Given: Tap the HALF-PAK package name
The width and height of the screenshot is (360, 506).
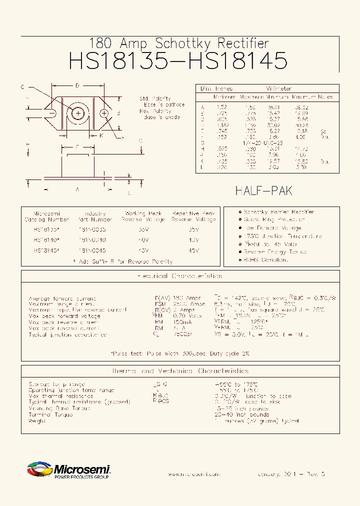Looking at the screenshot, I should pyautogui.click(x=263, y=190).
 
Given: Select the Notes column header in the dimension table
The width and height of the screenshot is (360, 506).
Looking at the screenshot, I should pyautogui.click(x=325, y=96).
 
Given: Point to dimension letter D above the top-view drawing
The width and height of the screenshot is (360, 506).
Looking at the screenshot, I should pyautogui.click(x=77, y=86).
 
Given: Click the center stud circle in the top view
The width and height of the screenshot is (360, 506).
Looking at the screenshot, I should pyautogui.click(x=78, y=113).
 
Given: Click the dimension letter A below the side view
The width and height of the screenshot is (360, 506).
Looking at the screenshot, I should pyautogui.click(x=77, y=189).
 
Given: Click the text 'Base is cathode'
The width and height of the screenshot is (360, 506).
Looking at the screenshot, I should pyautogui.click(x=164, y=105).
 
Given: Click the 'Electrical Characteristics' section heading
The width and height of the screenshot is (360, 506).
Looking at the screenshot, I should pyautogui.click(x=179, y=276).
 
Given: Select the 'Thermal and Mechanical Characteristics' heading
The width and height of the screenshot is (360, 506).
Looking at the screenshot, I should pyautogui.click(x=179, y=371).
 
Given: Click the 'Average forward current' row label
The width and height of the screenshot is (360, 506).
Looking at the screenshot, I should pyautogui.click(x=62, y=298).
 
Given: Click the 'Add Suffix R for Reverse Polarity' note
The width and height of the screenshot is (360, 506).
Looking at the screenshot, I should pyautogui.click(x=122, y=261).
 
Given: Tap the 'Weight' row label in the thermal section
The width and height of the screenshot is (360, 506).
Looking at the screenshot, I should pyautogui.click(x=37, y=421).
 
